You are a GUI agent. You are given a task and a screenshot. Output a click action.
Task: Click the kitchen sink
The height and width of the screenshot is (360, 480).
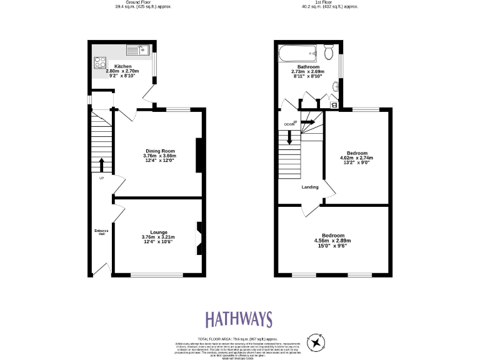135,49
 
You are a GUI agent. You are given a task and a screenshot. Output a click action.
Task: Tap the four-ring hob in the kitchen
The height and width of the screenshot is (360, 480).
100,62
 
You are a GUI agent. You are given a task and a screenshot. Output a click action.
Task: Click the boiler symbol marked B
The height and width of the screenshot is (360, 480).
333,105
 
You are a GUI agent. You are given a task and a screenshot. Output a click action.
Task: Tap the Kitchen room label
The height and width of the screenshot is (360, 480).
122,66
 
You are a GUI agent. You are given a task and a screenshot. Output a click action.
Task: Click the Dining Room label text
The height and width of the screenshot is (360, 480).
160,151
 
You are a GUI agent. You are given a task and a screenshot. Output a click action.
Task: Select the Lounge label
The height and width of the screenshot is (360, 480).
158,232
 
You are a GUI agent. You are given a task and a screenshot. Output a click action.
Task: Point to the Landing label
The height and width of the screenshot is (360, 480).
310,187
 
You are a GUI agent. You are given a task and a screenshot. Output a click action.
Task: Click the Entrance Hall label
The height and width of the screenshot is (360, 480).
101,233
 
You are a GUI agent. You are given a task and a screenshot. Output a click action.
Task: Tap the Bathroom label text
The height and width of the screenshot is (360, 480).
308,67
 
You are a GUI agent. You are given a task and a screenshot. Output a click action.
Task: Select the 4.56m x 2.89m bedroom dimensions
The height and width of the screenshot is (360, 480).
332,241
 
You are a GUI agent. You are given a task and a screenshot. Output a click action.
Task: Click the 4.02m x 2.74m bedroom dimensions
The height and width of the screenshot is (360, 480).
357,158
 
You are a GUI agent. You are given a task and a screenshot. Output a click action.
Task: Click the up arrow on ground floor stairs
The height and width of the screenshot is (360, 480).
101,165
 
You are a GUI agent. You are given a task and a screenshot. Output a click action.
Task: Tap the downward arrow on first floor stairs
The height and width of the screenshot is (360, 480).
289,137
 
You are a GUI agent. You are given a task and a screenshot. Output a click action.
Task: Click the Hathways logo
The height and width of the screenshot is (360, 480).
239,319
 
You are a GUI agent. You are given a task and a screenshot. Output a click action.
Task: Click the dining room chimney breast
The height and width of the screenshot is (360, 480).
199,154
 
